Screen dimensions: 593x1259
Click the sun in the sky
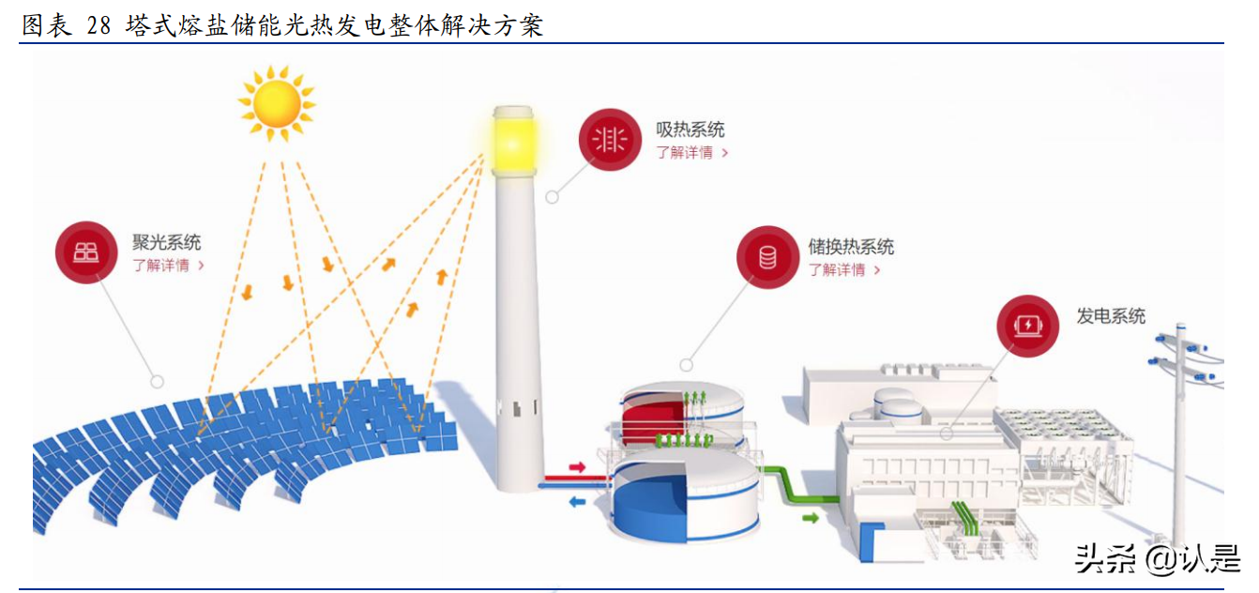tap(276, 101)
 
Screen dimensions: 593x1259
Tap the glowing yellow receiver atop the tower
tap(512, 142)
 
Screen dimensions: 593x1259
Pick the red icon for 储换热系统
tap(767, 257)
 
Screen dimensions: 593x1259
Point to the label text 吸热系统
tap(690, 129)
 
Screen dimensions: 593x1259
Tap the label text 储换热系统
tap(851, 247)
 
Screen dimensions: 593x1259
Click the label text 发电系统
tap(1111, 316)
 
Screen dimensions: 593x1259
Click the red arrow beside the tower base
tap(576, 466)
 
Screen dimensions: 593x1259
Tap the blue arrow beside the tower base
tap(577, 502)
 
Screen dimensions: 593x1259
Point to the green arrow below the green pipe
tap(810, 516)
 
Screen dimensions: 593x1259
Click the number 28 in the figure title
tap(99, 25)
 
